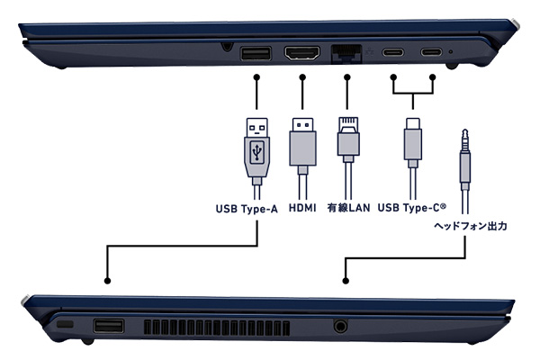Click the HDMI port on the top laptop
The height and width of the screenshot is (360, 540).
click(x=302, y=53)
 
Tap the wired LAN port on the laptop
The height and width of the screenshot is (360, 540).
click(x=346, y=54)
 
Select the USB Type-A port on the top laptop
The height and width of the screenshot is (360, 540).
click(x=256, y=53)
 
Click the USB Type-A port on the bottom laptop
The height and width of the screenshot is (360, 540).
click(x=109, y=326)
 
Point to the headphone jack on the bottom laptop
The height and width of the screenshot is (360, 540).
click(x=340, y=326)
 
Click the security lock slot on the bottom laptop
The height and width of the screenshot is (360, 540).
click(x=65, y=324)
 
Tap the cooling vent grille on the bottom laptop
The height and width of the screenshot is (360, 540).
click(x=217, y=328)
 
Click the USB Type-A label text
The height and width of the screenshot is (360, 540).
click(x=247, y=209)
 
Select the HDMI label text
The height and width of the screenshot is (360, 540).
click(x=302, y=208)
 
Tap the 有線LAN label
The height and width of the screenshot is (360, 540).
click(x=348, y=208)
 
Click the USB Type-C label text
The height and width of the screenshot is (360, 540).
click(x=412, y=207)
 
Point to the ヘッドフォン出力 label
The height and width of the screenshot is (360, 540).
click(x=470, y=226)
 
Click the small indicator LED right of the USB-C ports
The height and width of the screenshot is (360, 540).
click(x=451, y=52)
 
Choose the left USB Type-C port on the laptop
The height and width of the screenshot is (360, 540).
click(x=392, y=52)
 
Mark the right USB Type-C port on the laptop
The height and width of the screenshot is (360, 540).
click(x=431, y=52)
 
